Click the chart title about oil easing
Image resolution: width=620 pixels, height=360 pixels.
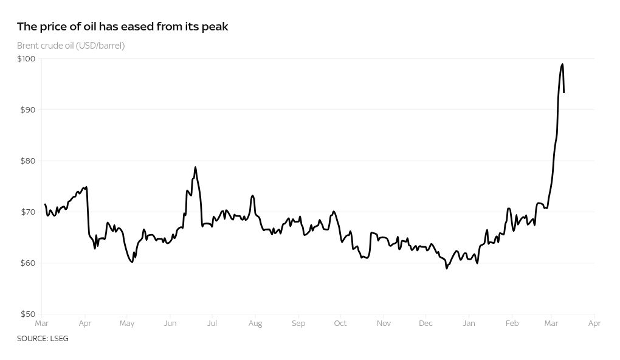coord(122,27)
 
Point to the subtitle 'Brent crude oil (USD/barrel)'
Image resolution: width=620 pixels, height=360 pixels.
coord(71,46)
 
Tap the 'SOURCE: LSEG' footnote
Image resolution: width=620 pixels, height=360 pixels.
coord(43,339)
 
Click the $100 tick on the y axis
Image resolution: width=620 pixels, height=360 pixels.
coord(26,59)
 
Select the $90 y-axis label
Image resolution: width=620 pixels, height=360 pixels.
coord(27,110)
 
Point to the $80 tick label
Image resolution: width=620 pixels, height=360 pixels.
coord(27,161)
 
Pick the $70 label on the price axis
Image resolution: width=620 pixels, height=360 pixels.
coord(27,212)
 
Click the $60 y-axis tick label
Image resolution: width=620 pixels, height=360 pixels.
coord(27,263)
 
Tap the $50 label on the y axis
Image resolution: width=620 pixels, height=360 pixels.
coord(27,314)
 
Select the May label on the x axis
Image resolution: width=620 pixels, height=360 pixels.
coord(126,324)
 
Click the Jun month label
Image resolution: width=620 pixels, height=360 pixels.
coord(170,324)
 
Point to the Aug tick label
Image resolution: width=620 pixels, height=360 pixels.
coord(255,324)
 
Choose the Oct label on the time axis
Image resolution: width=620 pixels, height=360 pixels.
coord(340,324)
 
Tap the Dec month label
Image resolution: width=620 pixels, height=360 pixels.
coord(425,324)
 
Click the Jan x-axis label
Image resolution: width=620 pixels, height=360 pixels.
coord(469,324)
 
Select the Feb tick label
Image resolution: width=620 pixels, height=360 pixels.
coord(512,324)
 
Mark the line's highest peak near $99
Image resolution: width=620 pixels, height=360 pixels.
coord(562,64)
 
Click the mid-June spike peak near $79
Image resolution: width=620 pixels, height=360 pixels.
coord(195,167)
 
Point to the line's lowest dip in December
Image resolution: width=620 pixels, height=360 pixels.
coord(447,268)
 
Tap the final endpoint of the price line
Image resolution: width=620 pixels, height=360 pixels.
coord(564,92)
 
